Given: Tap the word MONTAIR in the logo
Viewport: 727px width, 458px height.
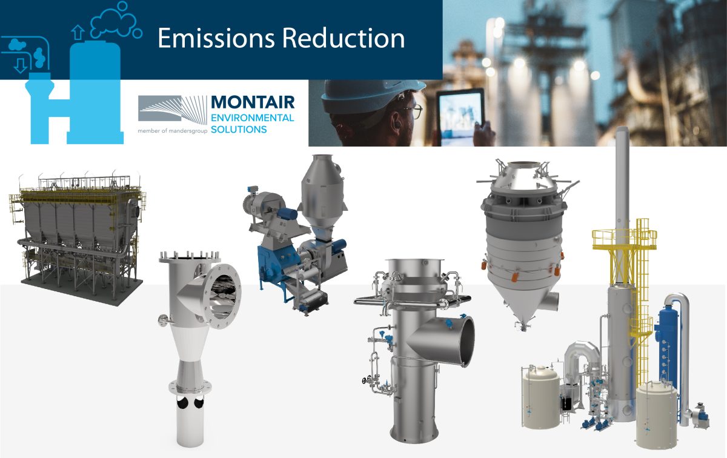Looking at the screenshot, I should [x=252, y=102].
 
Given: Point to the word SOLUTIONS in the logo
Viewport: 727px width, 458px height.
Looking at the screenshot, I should [x=239, y=130].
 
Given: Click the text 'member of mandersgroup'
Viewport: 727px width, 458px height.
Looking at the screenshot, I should [x=173, y=130].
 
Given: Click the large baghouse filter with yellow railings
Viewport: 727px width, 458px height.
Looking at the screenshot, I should [x=76, y=230].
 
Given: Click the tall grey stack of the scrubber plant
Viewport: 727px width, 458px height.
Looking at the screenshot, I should [x=622, y=182].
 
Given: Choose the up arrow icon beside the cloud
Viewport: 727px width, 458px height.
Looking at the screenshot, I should [x=77, y=32].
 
